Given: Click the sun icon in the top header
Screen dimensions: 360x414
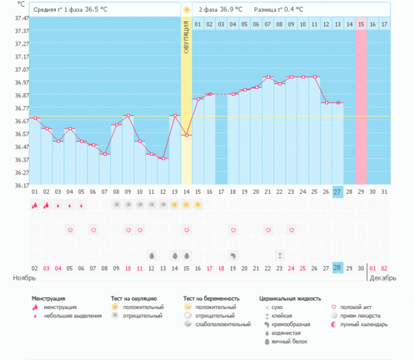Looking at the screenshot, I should coord(186,10).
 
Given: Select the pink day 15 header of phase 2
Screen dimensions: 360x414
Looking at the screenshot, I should coord(361,24).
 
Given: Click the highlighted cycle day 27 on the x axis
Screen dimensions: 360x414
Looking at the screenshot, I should coord(337,192).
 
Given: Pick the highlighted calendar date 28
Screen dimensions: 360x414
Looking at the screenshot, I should coord(337,268).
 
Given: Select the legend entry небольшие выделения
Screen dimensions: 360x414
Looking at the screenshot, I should coord(69,316).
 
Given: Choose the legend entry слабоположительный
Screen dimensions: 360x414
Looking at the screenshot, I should coord(223,323).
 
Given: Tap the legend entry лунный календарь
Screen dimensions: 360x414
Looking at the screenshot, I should coord(364,323).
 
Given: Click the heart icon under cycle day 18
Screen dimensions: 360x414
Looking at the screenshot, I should coord(233,230).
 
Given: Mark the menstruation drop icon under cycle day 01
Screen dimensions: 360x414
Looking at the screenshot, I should coord(34,205).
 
